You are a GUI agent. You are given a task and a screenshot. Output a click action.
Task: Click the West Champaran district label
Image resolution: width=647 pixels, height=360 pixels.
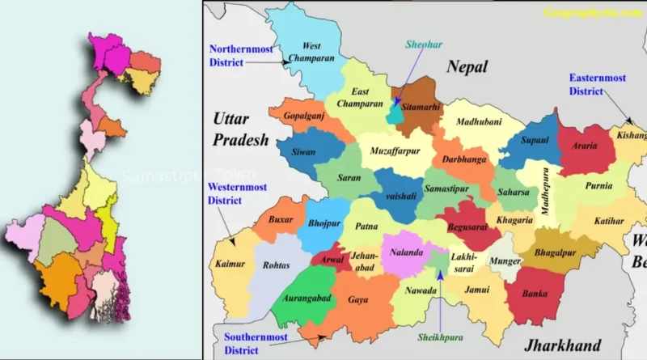point(311,53)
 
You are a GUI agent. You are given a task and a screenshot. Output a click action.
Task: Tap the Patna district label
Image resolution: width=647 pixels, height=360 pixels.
point(368,228)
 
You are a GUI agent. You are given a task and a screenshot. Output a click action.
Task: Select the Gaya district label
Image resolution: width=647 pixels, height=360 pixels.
point(358,299)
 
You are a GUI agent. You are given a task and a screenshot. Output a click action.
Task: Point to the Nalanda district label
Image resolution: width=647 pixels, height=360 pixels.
point(407,252)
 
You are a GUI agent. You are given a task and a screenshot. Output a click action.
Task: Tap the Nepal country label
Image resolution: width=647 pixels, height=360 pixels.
point(469,67)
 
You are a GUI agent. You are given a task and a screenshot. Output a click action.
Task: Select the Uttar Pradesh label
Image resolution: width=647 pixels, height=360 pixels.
point(240,130)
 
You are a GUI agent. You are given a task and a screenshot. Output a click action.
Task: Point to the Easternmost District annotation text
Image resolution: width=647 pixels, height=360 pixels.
point(597,84)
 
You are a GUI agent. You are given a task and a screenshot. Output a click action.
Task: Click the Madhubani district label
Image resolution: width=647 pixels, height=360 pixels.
point(479,122)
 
